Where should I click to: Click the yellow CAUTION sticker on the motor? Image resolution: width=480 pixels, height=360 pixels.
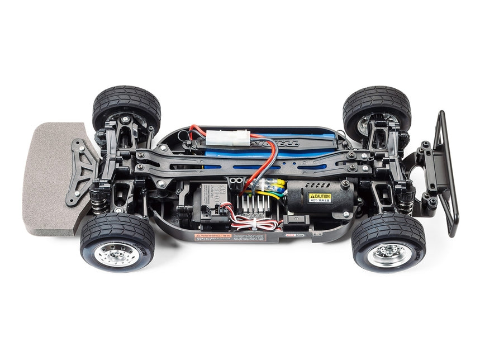(320, 198)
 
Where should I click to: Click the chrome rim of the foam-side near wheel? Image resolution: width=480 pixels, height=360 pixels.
(116, 254)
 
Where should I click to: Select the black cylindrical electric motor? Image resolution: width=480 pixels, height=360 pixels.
(319, 199)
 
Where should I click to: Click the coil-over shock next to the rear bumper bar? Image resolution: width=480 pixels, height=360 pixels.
(407, 201)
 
